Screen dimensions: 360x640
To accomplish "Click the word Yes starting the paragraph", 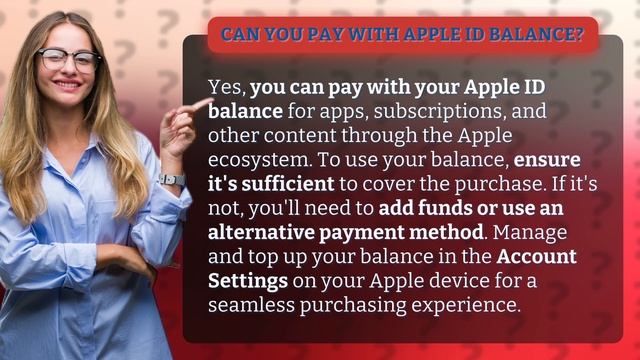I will tap(225, 87).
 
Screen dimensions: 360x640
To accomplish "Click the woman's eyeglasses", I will tap(69, 59).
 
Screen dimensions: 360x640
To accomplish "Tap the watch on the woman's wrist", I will tap(172, 180).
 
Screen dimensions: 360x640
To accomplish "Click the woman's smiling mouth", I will tap(68, 86).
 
